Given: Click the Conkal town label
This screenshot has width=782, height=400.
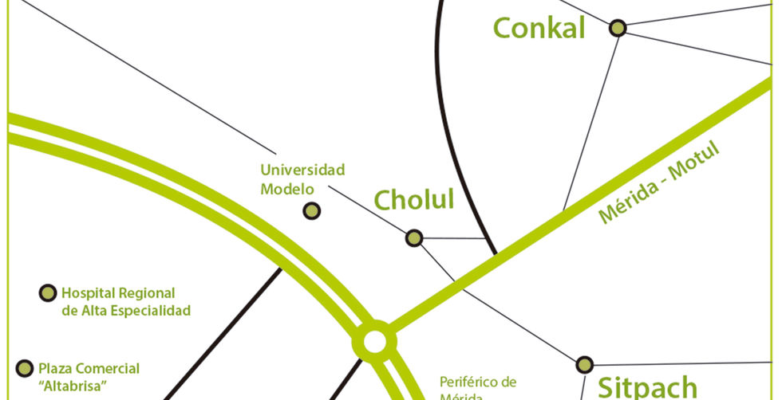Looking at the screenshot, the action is pyautogui.click(x=539, y=28).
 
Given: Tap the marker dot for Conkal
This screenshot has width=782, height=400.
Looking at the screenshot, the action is pyautogui.click(x=617, y=28).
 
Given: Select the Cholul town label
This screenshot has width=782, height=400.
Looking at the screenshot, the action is pyautogui.click(x=414, y=199).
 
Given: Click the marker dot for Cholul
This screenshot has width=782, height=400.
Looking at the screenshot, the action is pyautogui.click(x=414, y=237).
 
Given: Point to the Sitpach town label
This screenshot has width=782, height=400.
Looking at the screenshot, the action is pyautogui.click(x=648, y=387).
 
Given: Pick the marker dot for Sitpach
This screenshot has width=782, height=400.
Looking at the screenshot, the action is pyautogui.click(x=584, y=364).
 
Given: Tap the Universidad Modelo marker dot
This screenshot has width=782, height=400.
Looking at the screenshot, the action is pyautogui.click(x=312, y=210).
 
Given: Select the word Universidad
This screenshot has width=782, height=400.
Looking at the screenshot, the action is pyautogui.click(x=302, y=170).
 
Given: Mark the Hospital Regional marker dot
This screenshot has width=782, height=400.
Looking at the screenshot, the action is pyautogui.click(x=49, y=293).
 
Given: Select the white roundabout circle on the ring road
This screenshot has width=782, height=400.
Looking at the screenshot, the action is pyautogui.click(x=374, y=343).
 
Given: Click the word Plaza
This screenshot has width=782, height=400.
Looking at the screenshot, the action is pyautogui.click(x=56, y=368).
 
